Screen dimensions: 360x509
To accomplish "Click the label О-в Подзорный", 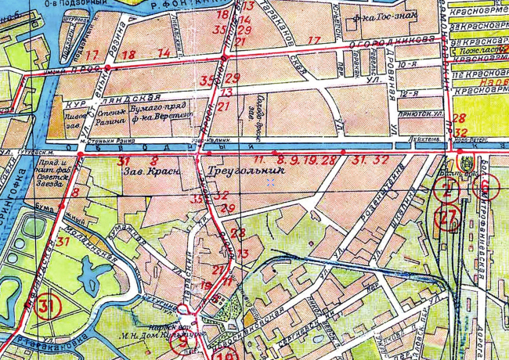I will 78,5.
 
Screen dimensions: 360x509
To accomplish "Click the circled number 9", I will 182,340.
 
